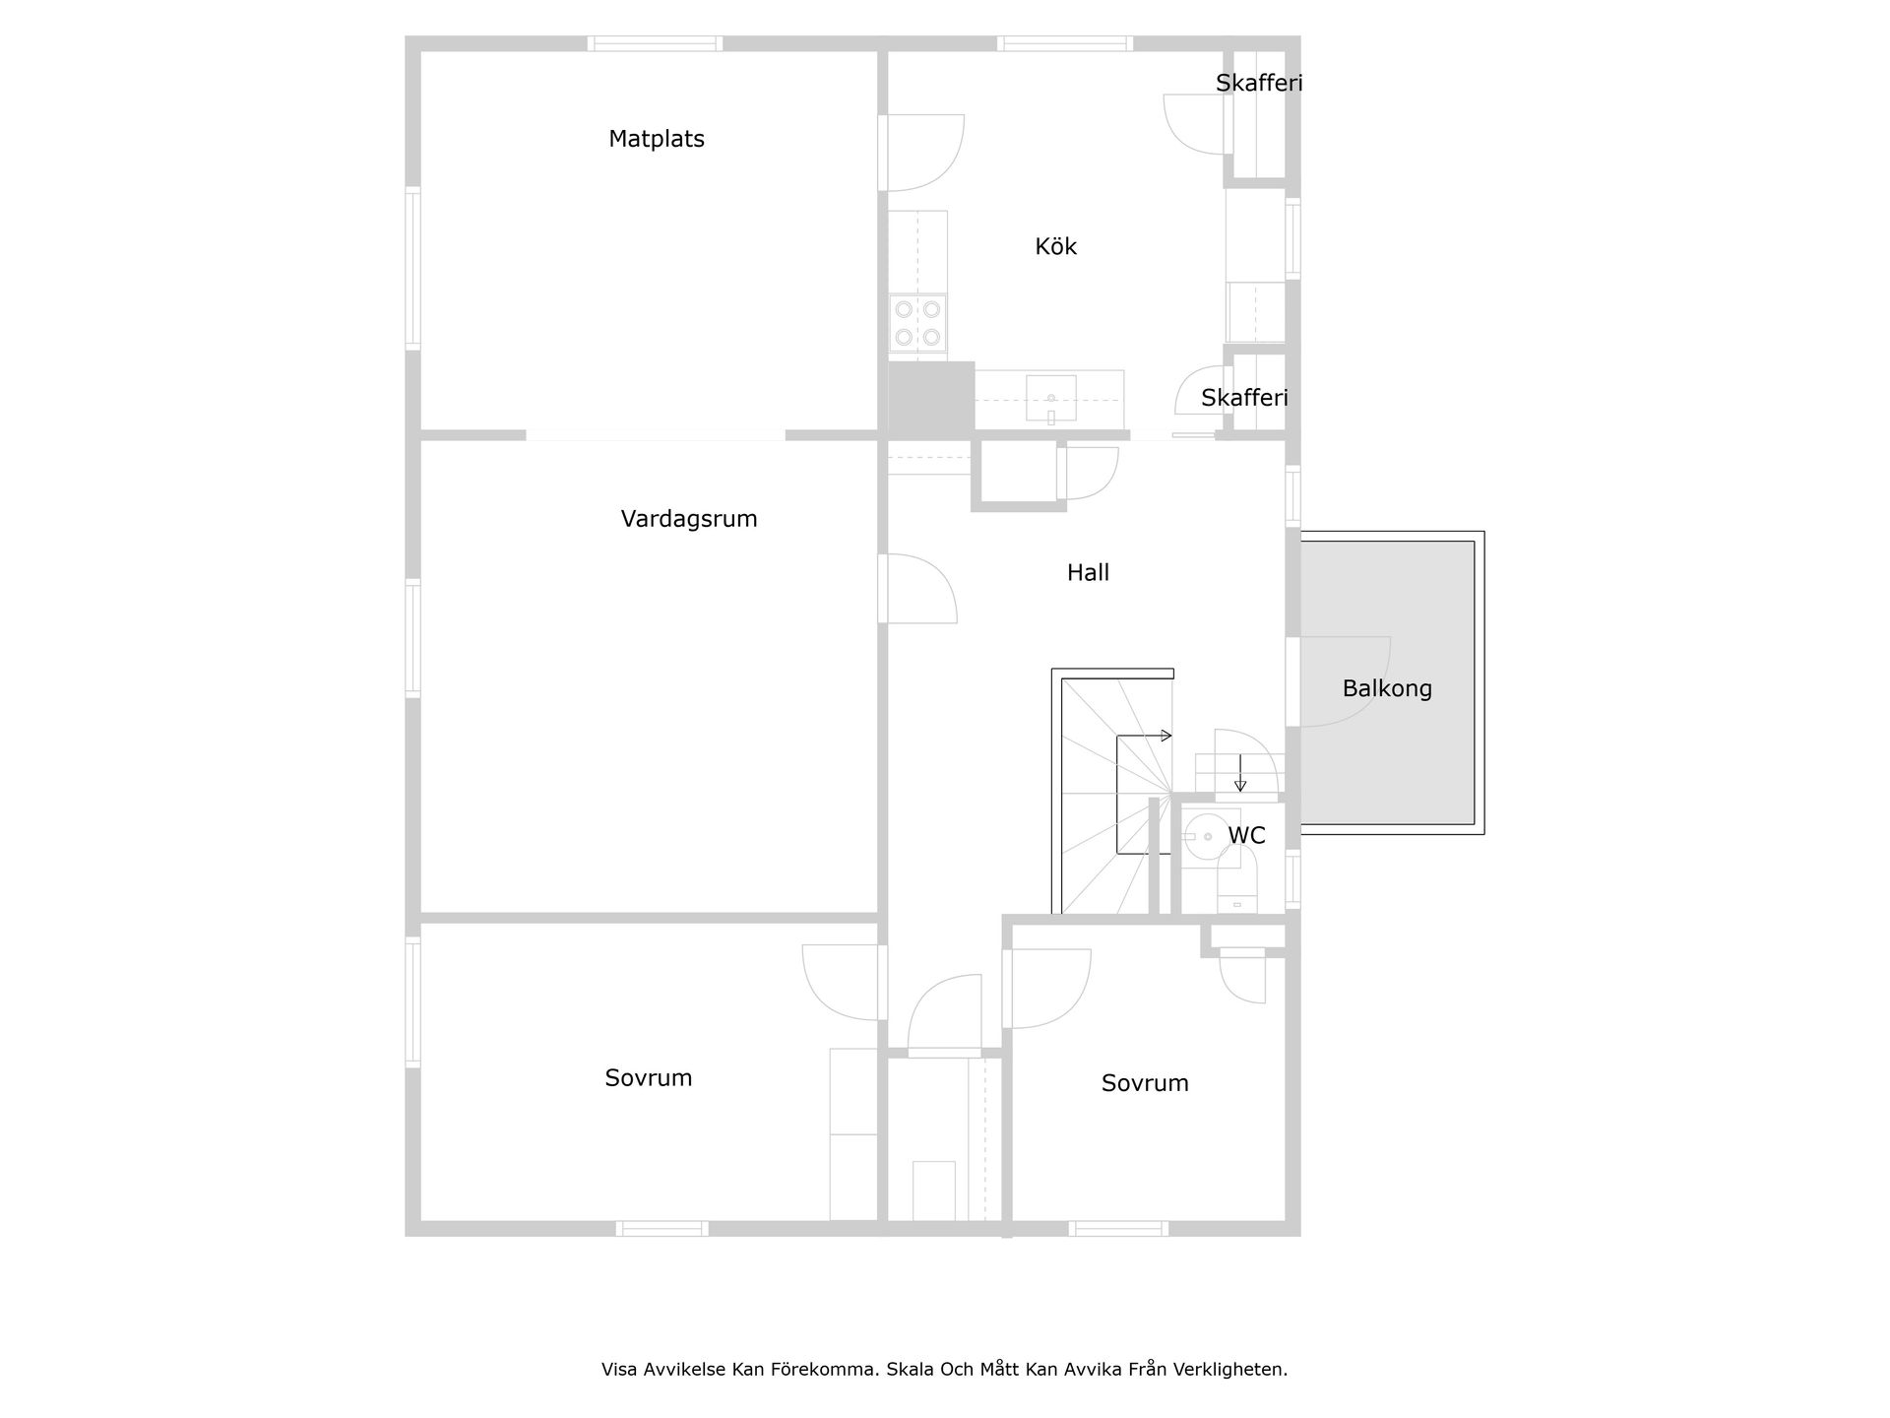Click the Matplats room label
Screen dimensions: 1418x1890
click(x=657, y=139)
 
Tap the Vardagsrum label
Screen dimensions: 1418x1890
click(x=689, y=519)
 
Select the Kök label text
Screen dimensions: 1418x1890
click(x=1055, y=246)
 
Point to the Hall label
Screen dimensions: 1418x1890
click(x=1088, y=572)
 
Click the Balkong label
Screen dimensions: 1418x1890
click(x=1386, y=688)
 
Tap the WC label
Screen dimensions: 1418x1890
click(x=1246, y=835)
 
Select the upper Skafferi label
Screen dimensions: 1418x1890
click(x=1258, y=83)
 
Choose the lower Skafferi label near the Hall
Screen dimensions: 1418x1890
click(x=1244, y=398)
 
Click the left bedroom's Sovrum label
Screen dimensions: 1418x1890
click(x=649, y=1078)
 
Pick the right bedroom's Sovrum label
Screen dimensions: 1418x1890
click(x=1145, y=1083)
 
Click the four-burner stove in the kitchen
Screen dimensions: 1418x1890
click(x=917, y=323)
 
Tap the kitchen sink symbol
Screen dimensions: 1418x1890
click(x=1050, y=399)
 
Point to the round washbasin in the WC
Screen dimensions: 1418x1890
click(x=1206, y=837)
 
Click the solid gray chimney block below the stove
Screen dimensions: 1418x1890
click(x=931, y=399)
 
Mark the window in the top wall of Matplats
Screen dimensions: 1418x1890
click(x=655, y=43)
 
